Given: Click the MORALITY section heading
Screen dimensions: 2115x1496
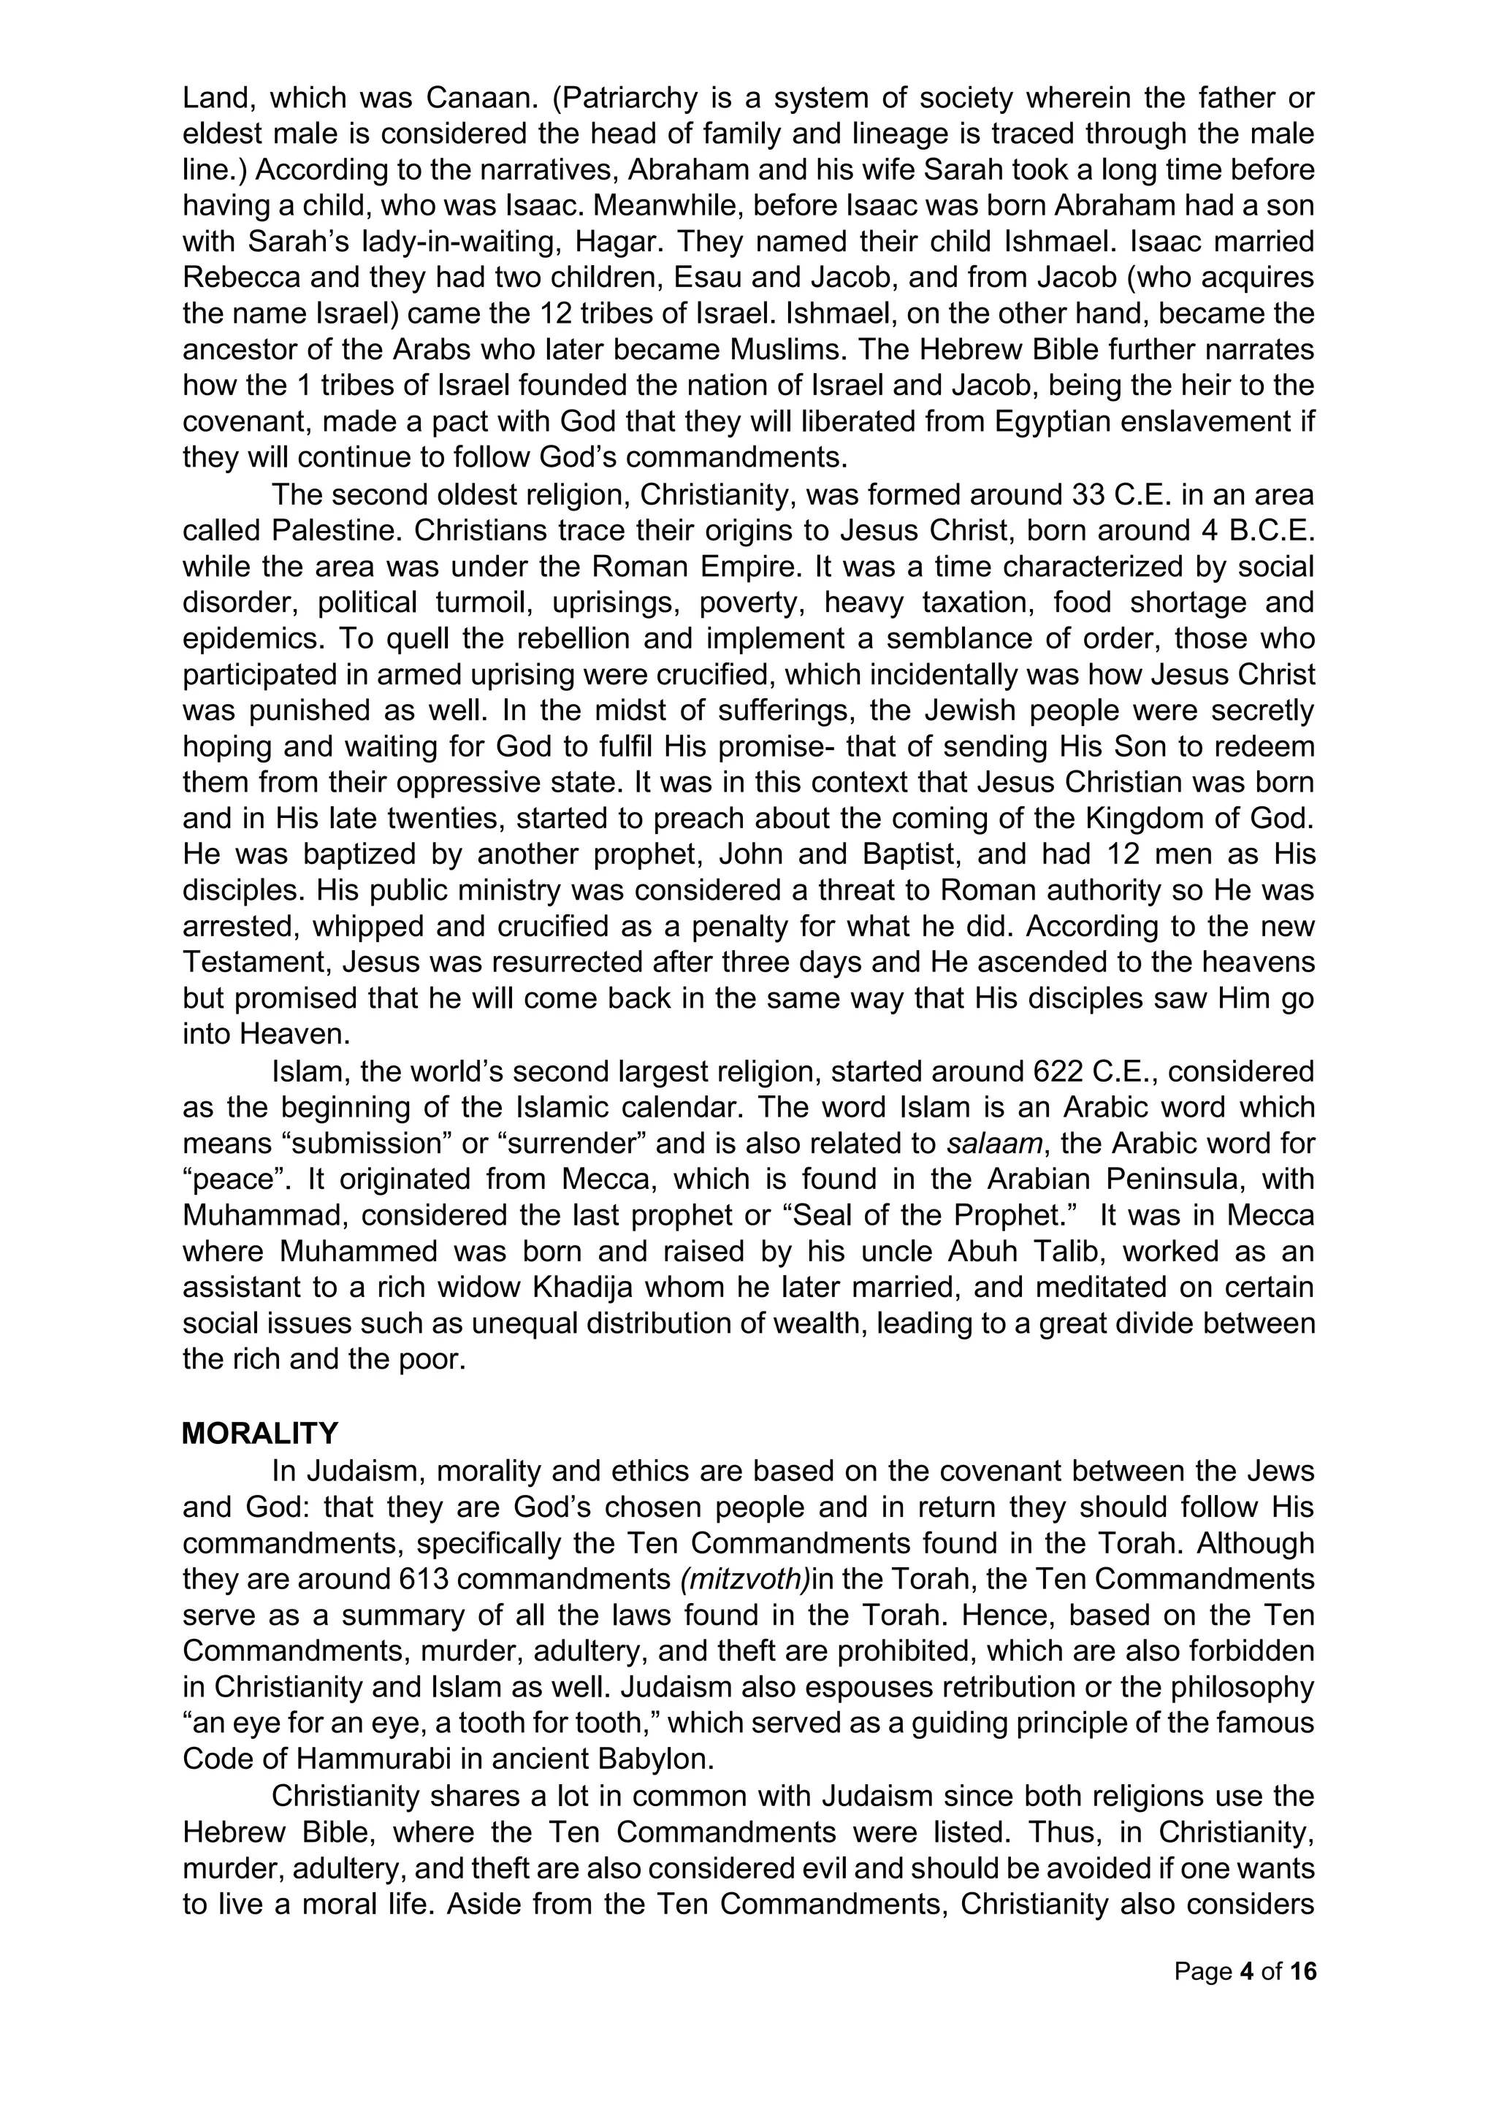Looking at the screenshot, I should [260, 1434].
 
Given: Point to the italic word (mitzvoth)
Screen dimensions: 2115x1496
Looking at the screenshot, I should [744, 1578].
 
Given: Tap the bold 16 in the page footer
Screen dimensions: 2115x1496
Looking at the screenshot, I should [1303, 1971].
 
